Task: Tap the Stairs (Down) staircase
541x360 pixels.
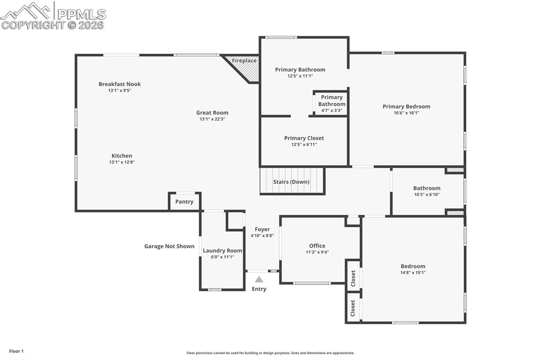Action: tap(292, 181)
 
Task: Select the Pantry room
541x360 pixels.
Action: tap(184, 202)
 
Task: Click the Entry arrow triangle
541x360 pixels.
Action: tap(259, 279)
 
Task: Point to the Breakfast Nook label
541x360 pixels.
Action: tap(119, 84)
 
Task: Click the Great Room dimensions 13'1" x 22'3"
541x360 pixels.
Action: tap(212, 119)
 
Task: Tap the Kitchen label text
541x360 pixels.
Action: tap(122, 156)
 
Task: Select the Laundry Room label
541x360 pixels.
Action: tap(222, 251)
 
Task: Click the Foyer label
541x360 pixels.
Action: tap(262, 229)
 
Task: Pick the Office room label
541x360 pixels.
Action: tap(317, 245)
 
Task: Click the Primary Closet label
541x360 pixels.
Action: tap(304, 138)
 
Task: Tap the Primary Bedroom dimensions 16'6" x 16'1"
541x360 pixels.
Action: tap(406, 113)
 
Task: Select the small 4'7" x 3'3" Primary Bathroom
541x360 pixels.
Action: tap(331, 103)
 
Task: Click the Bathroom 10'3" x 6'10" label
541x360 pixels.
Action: tap(426, 188)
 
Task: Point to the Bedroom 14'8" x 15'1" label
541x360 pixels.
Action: tap(413, 266)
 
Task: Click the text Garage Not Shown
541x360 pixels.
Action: tap(169, 246)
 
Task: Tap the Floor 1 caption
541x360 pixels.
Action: tap(16, 351)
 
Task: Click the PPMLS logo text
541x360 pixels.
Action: tap(81, 14)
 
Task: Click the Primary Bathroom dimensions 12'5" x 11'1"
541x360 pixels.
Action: tap(300, 76)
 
